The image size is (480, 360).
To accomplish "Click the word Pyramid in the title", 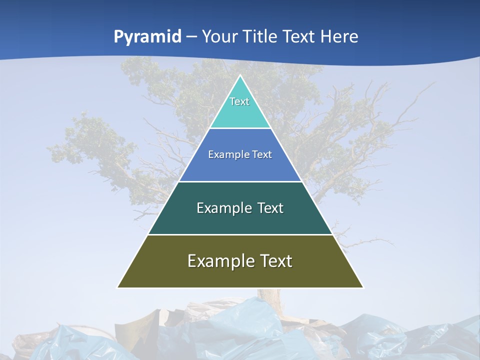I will pyautogui.click(x=147, y=37).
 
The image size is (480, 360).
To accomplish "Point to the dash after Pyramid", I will pyautogui.click(x=191, y=37).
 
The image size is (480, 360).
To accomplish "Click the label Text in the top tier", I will pyautogui.click(x=239, y=101).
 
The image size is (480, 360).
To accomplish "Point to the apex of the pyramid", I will pyautogui.click(x=240, y=76).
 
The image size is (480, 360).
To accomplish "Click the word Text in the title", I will pyautogui.click(x=300, y=37).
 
